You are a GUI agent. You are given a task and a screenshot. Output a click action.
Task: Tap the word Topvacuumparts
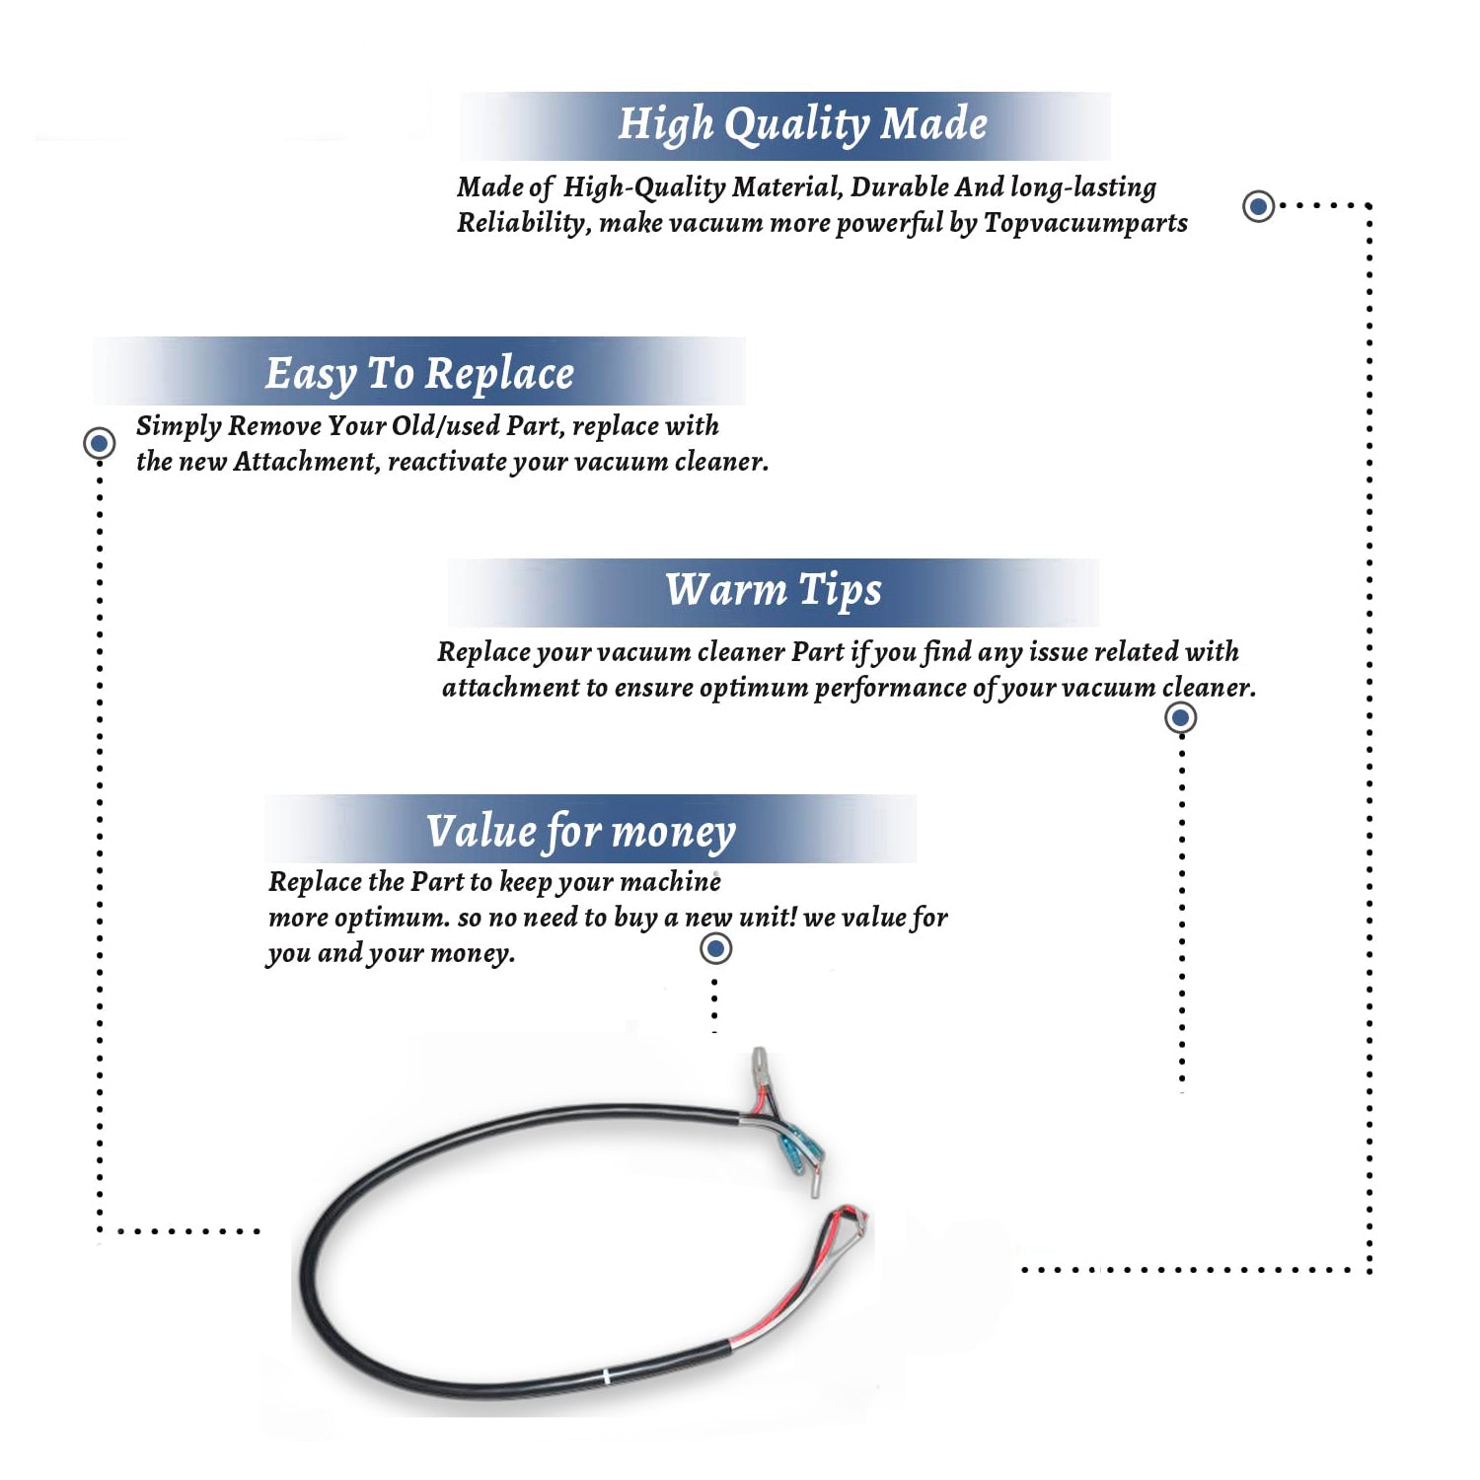pyautogui.click(x=1085, y=224)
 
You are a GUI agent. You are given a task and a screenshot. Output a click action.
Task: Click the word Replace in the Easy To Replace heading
pyautogui.click(x=499, y=375)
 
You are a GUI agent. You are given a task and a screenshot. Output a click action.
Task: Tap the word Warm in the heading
pyautogui.click(x=725, y=590)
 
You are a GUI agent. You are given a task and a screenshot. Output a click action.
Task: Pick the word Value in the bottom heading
pyautogui.click(x=481, y=831)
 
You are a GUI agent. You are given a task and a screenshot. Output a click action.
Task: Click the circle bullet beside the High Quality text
pyautogui.click(x=1258, y=206)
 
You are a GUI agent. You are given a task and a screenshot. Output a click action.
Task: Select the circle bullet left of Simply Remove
pyautogui.click(x=99, y=443)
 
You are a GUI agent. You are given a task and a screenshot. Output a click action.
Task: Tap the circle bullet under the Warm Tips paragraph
pyautogui.click(x=1181, y=717)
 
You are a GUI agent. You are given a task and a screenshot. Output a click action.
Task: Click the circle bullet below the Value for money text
pyautogui.click(x=715, y=949)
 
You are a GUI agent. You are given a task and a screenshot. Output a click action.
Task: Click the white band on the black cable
pyautogui.click(x=606, y=1375)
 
